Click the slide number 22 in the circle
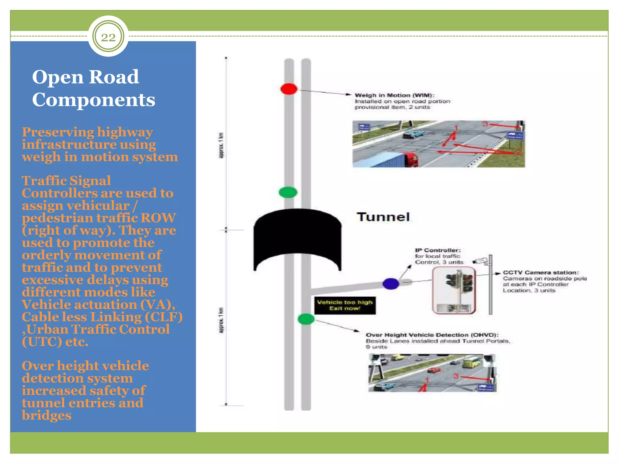coord(108,37)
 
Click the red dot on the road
coord(289,89)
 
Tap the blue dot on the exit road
coord(391,284)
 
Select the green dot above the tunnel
coord(288,192)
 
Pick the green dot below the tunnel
coord(306,319)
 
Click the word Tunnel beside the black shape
coord(383,217)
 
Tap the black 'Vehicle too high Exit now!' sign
coord(345,305)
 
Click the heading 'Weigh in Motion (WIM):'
coord(394,95)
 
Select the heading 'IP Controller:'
coord(438,250)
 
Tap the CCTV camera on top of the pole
coord(481,261)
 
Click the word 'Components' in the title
coord(93,100)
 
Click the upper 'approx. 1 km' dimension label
coord(221,145)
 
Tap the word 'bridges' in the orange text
coord(47,415)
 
